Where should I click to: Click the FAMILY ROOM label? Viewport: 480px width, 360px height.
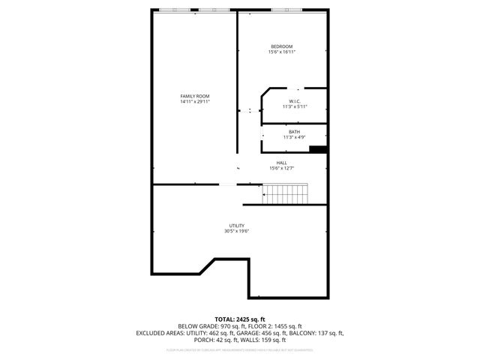tap(194, 96)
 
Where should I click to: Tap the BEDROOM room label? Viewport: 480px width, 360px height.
tap(282, 46)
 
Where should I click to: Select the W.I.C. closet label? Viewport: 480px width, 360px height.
tap(295, 101)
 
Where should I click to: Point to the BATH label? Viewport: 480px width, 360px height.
tap(294, 132)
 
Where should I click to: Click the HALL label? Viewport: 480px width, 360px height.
tap(281, 163)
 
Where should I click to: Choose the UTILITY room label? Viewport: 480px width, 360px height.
tap(236, 226)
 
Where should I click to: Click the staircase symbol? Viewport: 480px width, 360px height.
tap(280, 196)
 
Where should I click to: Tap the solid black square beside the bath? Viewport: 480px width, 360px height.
tap(318, 148)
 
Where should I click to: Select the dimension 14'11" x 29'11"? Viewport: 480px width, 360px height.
tap(194, 102)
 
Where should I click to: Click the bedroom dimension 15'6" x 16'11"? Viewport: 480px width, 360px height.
tap(282, 52)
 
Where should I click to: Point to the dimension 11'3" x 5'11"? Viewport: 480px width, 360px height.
tap(295, 106)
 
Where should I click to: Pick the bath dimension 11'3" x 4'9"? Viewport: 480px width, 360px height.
tap(294, 137)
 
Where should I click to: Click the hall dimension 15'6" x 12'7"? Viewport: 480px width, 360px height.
tap(281, 168)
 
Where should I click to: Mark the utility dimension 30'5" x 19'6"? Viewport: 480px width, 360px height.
tap(236, 231)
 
